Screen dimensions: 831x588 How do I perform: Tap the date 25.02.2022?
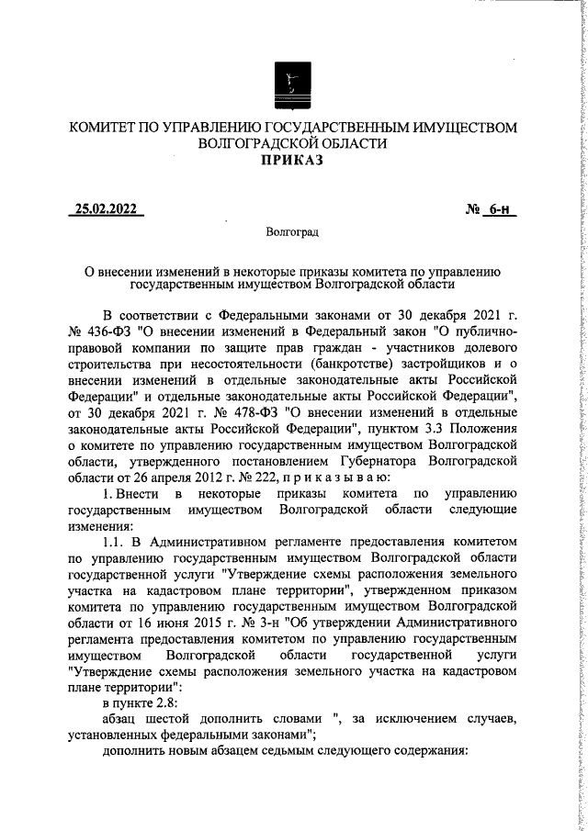[x=106, y=209]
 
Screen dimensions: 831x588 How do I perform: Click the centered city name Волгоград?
[x=292, y=234]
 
